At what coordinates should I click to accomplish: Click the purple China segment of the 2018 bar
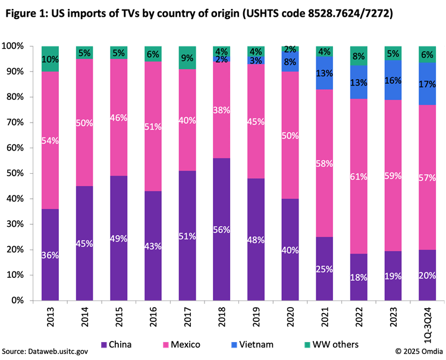click(221, 238)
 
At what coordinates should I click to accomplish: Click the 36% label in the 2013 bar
click(51, 255)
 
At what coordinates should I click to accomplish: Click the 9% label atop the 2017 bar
click(187, 58)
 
